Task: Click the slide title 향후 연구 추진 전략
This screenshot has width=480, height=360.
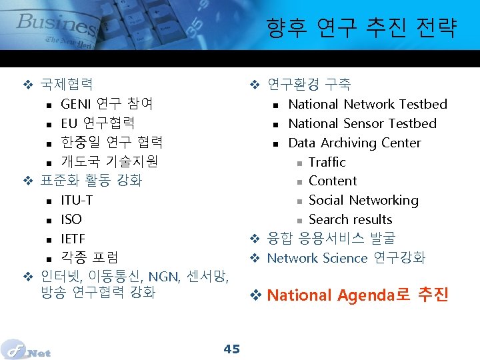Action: pos(361,28)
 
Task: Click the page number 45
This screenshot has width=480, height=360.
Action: pos(232,349)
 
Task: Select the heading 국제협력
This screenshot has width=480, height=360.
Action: pos(67,85)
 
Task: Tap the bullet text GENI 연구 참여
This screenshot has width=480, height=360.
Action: pos(107,104)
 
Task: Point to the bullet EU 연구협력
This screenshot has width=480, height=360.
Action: pos(97,123)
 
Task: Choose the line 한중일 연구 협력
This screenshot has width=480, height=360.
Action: pos(111,142)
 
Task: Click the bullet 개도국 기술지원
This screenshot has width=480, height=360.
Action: pos(109,161)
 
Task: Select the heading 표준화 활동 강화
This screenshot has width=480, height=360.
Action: pos(91,181)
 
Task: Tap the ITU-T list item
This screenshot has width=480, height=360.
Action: pos(77,200)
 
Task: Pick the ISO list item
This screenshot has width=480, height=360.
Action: pos(71,219)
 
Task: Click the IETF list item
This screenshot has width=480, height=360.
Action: pos(73,239)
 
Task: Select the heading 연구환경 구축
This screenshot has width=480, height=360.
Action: pos(309,85)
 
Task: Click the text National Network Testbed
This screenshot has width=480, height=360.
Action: pos(367,104)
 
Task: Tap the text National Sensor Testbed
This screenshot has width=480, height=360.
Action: pos(362,123)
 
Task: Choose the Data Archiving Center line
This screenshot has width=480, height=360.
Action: pos(354,143)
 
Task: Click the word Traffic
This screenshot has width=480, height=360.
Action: pos(327,162)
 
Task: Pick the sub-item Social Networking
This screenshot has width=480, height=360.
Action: pos(363,200)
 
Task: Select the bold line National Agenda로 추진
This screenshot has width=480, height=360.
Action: pos(357,295)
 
